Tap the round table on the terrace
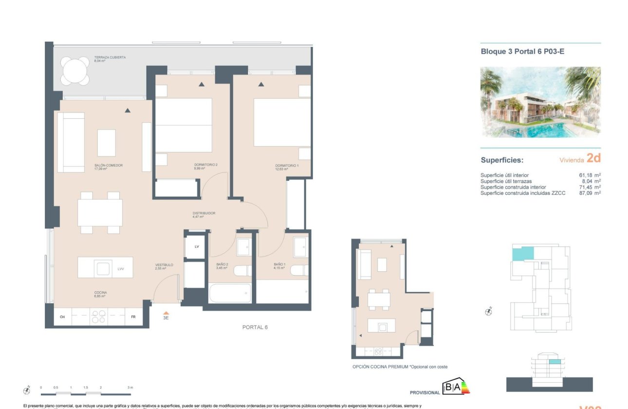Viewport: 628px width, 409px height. click(x=75, y=71)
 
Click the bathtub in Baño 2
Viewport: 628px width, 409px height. click(x=230, y=293)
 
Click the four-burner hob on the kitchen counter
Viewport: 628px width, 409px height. click(x=98, y=317)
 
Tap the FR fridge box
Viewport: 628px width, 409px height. click(x=133, y=317)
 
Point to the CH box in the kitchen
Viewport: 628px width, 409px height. click(x=62, y=317)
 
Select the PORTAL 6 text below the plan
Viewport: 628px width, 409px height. click(x=255, y=327)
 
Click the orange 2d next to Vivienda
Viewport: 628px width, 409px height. click(x=593, y=158)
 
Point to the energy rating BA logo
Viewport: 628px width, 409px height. click(x=454, y=387)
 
